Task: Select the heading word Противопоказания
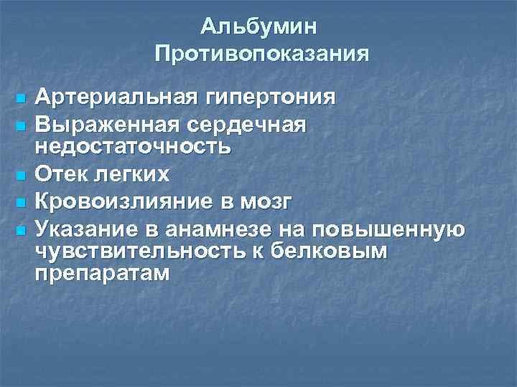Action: [x=261, y=54]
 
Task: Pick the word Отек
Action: [x=62, y=174]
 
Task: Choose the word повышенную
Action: [x=388, y=230]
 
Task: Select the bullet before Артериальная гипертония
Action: [x=21, y=97]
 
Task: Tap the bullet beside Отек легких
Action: [x=21, y=175]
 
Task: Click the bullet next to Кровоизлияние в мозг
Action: [x=21, y=203]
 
